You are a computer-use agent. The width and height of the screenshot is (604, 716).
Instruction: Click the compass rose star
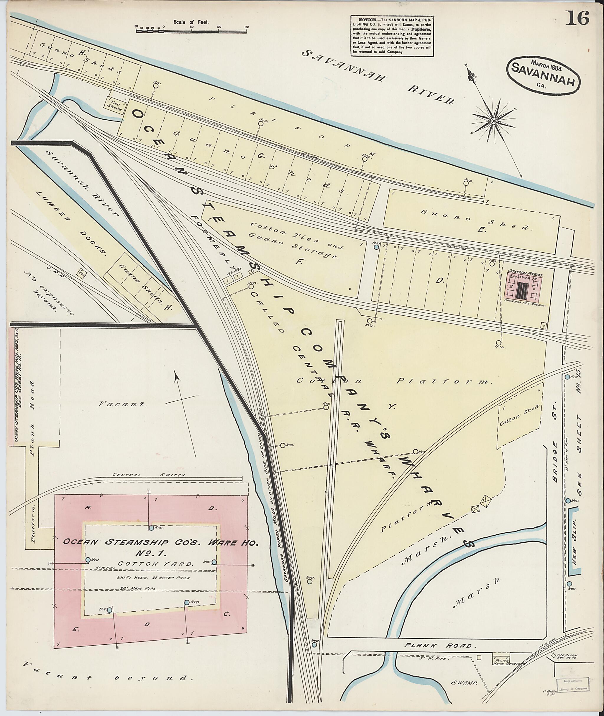tap(493, 121)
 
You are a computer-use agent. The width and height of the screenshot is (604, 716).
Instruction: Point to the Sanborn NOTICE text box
tap(392, 36)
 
